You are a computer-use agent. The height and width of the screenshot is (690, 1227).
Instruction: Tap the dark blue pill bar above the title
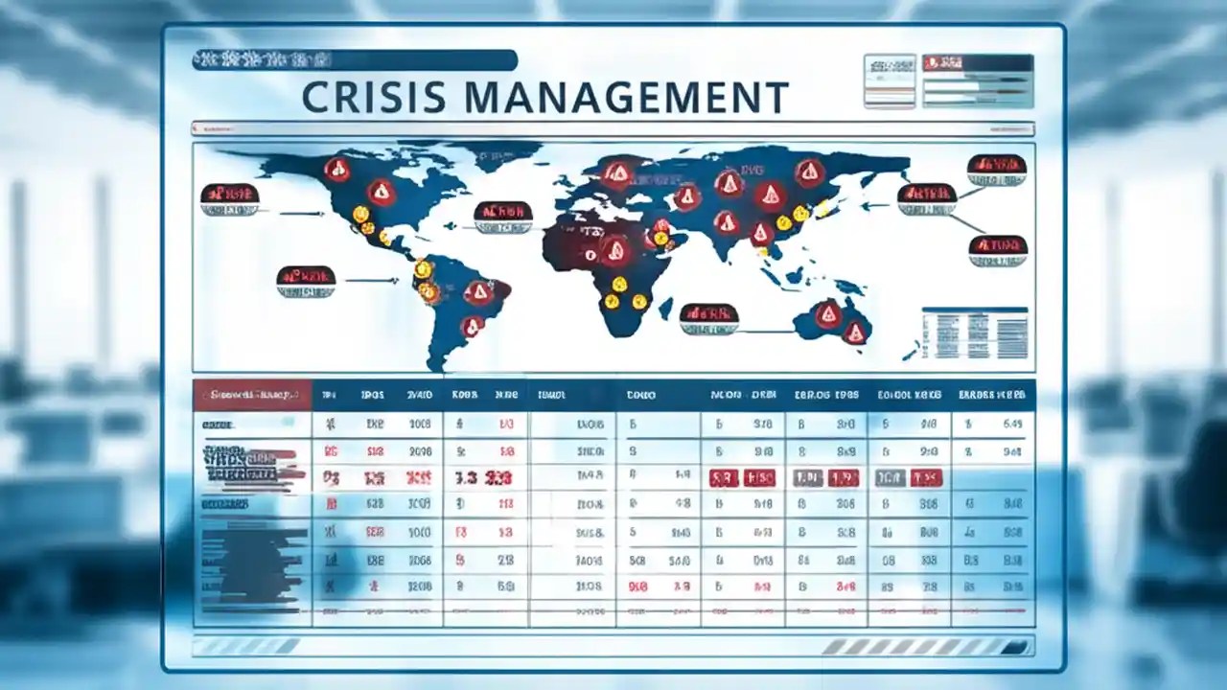[x=354, y=60]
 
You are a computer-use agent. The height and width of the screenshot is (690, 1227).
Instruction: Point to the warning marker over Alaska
[x=336, y=171]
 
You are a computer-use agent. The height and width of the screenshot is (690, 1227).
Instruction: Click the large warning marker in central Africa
[x=614, y=251]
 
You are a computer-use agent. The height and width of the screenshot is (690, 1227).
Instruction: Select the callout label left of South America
[x=306, y=277]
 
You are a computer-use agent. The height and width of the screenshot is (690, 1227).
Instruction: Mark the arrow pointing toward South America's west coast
[x=372, y=281]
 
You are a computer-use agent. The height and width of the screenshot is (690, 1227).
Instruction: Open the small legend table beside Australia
[x=974, y=333]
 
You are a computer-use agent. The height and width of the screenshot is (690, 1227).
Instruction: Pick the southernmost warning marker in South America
[x=473, y=327]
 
